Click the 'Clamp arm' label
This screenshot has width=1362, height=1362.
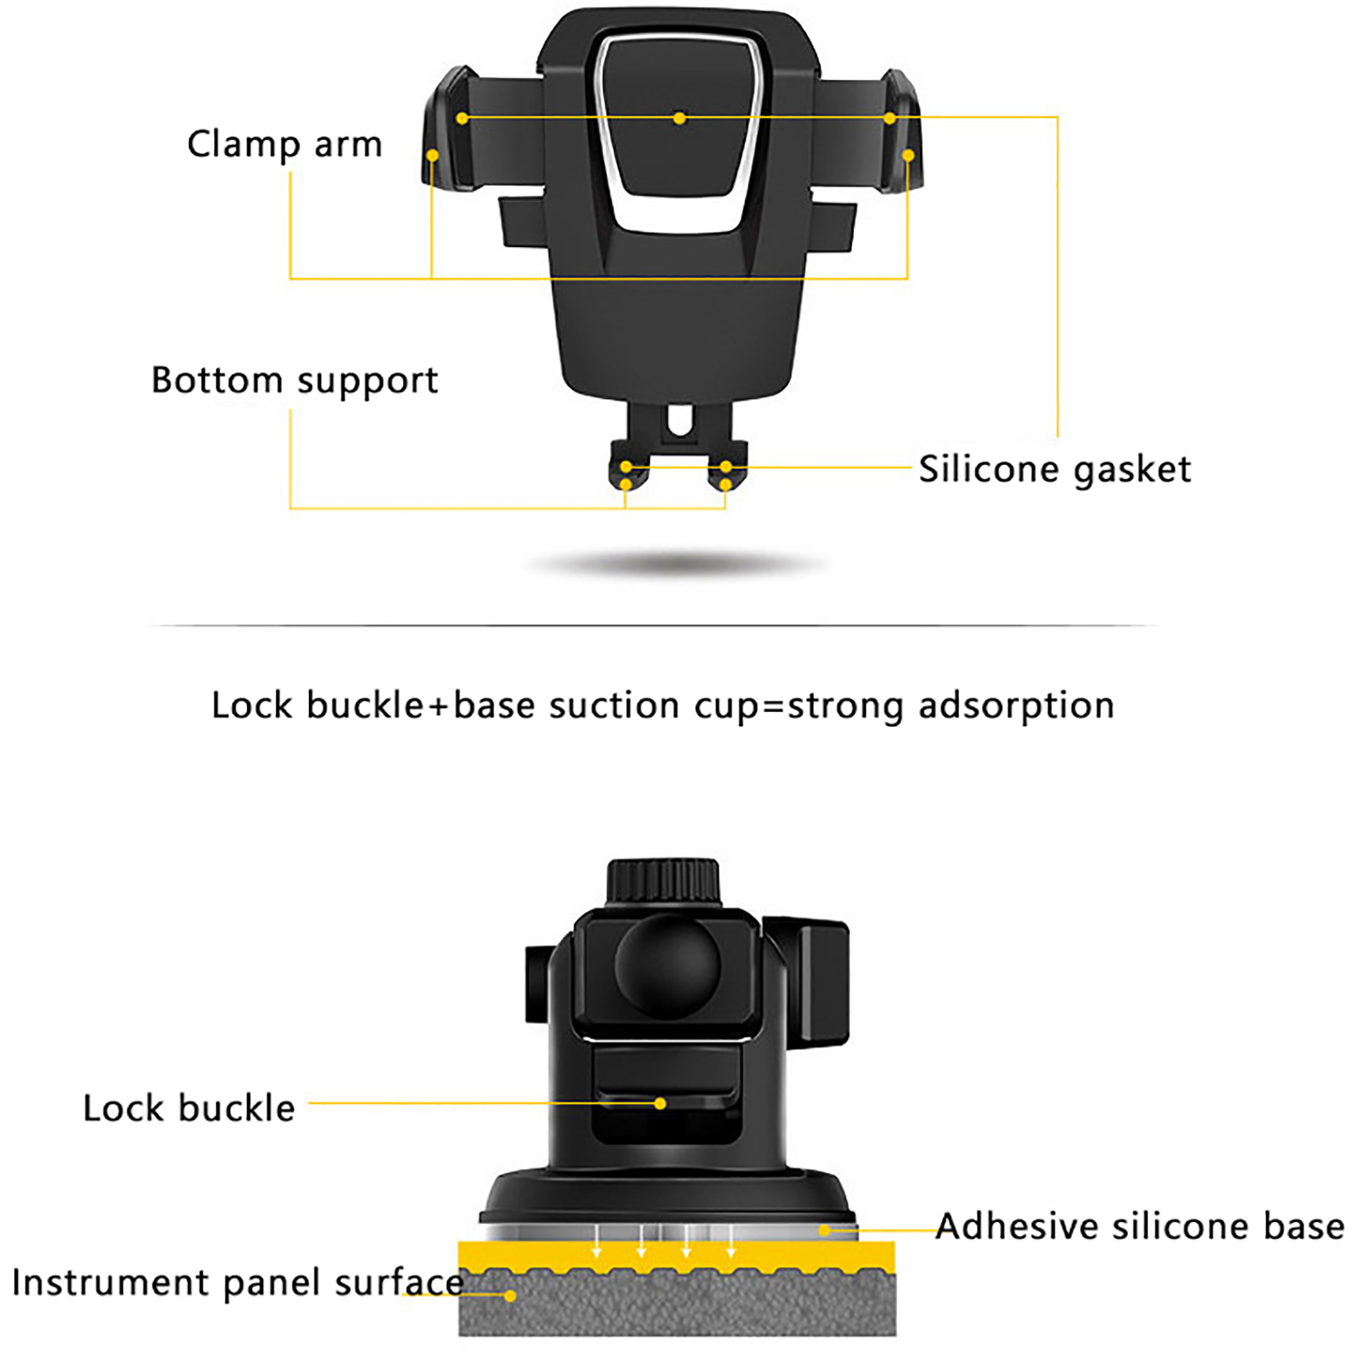tap(284, 145)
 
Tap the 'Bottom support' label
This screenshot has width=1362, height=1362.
tap(295, 381)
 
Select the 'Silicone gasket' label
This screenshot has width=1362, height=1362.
tap(1055, 469)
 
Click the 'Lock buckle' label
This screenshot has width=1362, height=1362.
tap(189, 1108)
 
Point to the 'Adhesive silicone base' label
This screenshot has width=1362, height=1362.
tap(1140, 1227)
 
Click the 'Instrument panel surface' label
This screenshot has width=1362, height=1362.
tap(237, 1283)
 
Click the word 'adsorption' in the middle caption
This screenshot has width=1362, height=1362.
tap(1016, 706)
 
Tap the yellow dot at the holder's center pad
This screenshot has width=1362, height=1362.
tap(678, 118)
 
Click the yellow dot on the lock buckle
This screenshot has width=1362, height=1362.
tap(660, 1103)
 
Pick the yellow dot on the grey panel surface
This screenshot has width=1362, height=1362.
tap(510, 1296)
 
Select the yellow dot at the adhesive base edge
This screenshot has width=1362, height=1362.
tap(824, 1230)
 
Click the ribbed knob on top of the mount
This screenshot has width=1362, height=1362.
tap(663, 882)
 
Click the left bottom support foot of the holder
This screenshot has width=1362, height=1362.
tap(627, 472)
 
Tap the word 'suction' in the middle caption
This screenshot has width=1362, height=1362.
tap(614, 706)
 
